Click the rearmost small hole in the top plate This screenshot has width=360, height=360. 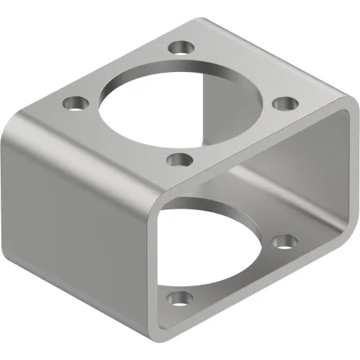tap(180, 48)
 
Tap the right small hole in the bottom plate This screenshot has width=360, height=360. tap(284, 240)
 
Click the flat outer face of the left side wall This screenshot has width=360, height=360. tap(73, 213)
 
